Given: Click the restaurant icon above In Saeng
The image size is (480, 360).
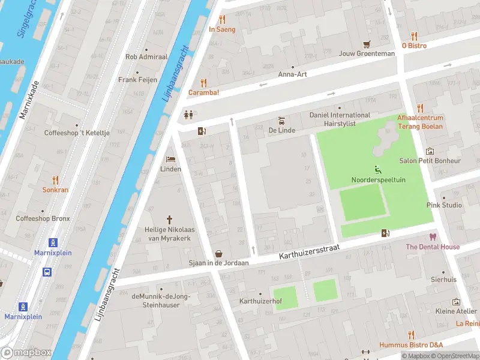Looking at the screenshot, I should tap(222, 19).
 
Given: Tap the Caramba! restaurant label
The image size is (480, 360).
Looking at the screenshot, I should tap(203, 92).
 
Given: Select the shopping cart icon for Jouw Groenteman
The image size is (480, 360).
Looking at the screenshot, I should tap(367, 44).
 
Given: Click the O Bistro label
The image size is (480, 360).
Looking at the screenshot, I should tap(413, 45).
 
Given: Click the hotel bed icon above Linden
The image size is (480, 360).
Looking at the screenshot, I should tap(170, 159).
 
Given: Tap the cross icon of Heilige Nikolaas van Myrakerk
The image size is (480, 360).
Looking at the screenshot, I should tap(169, 220).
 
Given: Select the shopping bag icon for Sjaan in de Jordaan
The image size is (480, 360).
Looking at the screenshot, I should tap(219, 253).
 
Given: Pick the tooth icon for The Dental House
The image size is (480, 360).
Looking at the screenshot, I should tap(432, 237).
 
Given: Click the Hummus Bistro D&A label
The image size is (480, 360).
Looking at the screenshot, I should tap(411, 345).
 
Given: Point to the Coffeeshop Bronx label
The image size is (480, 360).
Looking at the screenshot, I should tap(42, 219).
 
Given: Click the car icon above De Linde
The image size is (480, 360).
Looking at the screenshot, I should tap(280, 120).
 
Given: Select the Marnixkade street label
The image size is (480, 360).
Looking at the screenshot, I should tap(28, 100).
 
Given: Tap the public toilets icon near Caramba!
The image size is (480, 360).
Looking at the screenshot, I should tap(189, 115).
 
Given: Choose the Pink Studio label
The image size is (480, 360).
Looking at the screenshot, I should tap(444, 205).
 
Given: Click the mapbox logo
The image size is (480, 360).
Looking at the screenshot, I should tap(26, 353).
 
